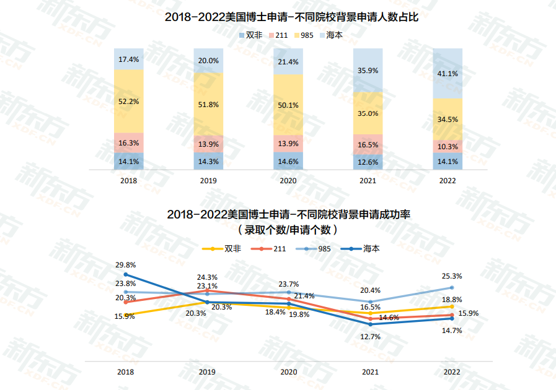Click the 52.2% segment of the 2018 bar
point(128,101)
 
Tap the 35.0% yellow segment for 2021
point(368,113)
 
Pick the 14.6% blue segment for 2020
point(288,162)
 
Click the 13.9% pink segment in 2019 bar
point(208,144)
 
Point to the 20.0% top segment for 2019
point(208,61)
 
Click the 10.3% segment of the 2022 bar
point(448,147)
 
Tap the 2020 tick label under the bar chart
point(288,181)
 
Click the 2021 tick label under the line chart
point(370,372)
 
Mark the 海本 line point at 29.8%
point(126,274)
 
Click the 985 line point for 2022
point(452,287)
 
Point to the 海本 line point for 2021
point(370,324)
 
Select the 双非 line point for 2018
point(126,314)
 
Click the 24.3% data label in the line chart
point(207,277)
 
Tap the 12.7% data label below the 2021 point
point(370,337)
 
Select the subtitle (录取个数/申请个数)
point(288,229)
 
